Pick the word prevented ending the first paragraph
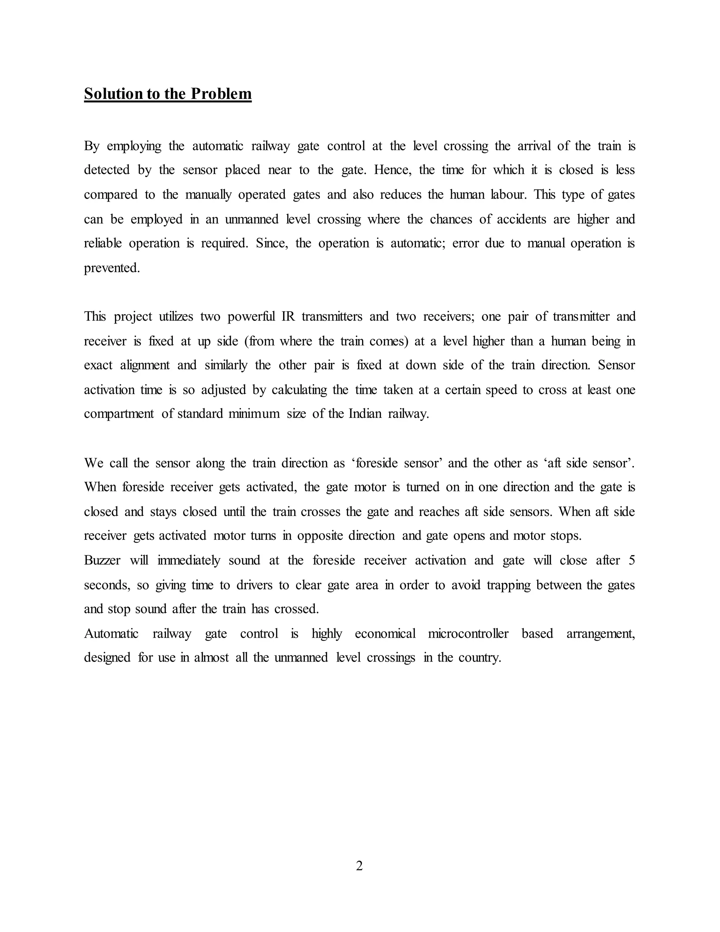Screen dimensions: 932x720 coord(112,268)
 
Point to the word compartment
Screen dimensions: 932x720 coord(118,414)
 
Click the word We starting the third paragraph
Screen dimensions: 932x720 coord(94,463)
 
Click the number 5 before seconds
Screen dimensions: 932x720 coord(632,560)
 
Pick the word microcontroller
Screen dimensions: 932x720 coord(468,633)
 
